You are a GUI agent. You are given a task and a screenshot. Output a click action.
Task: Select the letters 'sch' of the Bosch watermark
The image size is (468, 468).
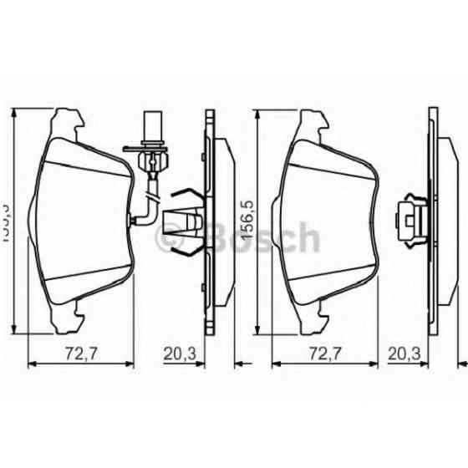[x=292, y=239]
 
